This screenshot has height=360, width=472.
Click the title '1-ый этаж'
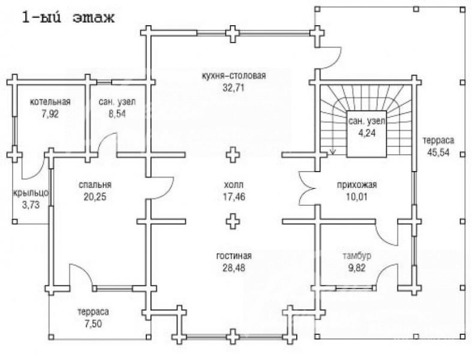coord(68,18)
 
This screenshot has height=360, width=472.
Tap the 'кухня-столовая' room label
coord(234,76)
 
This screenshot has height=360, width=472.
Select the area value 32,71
coord(233,88)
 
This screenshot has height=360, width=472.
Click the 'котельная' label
coord(50,102)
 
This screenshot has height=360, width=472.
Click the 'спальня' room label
coord(95,184)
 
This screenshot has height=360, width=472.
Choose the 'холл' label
coord(233,184)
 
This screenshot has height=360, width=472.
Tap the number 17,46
coord(234,197)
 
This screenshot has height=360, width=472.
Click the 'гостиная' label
coord(234,256)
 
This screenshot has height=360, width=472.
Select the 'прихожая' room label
coord(357,184)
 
